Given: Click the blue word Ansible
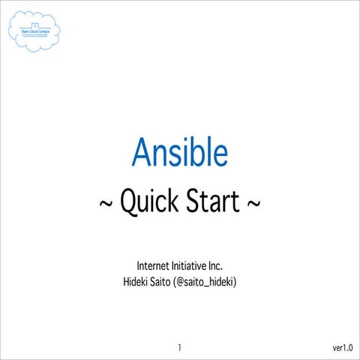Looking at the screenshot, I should click(x=180, y=152).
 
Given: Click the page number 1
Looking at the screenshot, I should click(x=180, y=348).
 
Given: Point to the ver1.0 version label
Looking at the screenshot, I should click(x=346, y=348).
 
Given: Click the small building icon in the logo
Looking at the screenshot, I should click(x=34, y=25).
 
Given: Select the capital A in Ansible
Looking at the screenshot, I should click(x=142, y=152).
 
